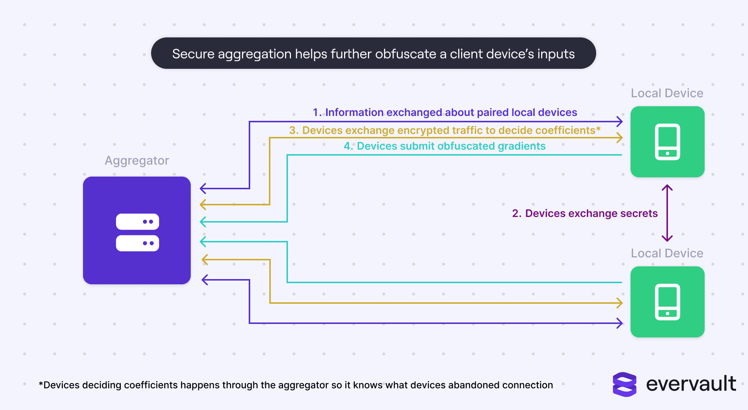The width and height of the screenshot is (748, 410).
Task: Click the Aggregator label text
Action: click(137, 160)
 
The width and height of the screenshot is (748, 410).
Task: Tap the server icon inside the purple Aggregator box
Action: click(137, 232)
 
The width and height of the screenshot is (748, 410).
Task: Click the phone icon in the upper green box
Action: click(667, 142)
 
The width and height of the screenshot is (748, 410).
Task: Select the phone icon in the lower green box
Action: click(667, 302)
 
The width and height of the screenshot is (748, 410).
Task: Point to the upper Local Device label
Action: click(667, 93)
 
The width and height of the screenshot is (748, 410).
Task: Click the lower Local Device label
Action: click(667, 253)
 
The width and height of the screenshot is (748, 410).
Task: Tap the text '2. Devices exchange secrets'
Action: click(585, 213)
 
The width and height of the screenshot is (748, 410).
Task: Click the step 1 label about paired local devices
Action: click(445, 112)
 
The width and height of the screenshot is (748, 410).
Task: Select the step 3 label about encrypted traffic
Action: click(445, 130)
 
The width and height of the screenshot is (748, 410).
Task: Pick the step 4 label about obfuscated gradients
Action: click(444, 146)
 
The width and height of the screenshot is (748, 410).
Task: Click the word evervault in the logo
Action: click(691, 384)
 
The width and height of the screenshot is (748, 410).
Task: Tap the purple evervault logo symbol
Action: click(624, 384)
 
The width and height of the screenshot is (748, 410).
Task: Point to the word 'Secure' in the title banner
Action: click(193, 54)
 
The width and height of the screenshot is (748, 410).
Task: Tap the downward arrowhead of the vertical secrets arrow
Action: click(667, 239)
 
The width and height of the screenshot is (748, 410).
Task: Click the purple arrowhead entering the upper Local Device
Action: click(620, 121)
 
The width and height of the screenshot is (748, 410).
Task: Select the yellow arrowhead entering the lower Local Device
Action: click(620, 303)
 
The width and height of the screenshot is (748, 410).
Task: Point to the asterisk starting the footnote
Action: click(41, 384)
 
